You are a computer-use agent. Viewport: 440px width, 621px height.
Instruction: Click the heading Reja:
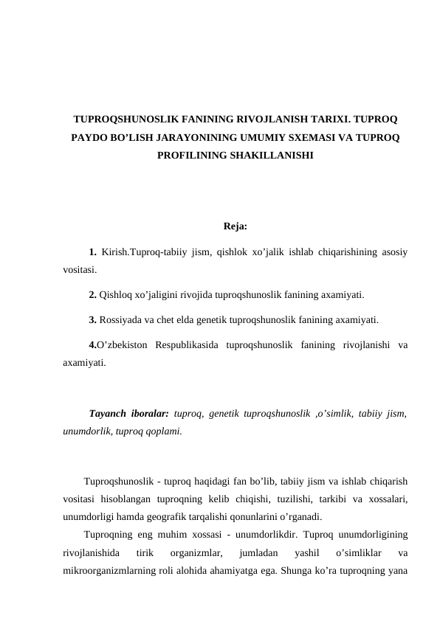pyautogui.click(x=236, y=226)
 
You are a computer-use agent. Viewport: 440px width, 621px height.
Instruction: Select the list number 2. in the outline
pyautogui.click(x=92, y=296)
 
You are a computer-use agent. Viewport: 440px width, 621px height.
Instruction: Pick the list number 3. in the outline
pyautogui.click(x=92, y=320)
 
